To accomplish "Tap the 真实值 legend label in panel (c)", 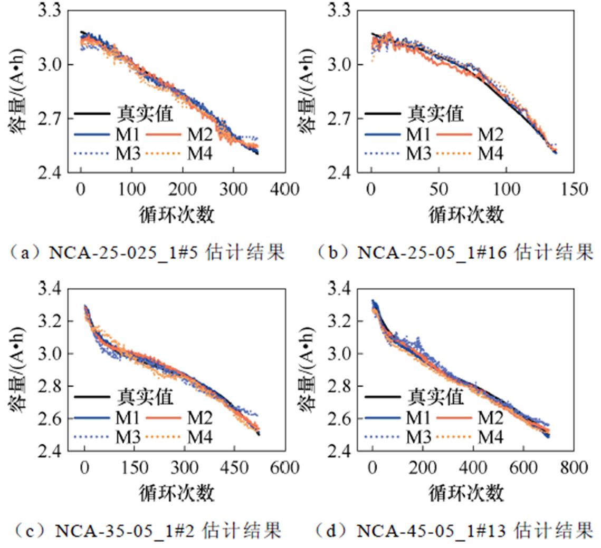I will tap(145, 396).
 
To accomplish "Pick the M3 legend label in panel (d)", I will tap(418, 436).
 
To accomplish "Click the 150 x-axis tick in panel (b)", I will tap(574, 189).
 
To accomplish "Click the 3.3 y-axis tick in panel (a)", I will tap(49, 10).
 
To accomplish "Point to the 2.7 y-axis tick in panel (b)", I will tap(340, 118).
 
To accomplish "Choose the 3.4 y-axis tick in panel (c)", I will tap(49, 288).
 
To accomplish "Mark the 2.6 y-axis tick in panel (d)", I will tap(340, 419).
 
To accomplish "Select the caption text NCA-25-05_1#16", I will tap(432, 253).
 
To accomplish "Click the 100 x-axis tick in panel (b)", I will tap(506, 189).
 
